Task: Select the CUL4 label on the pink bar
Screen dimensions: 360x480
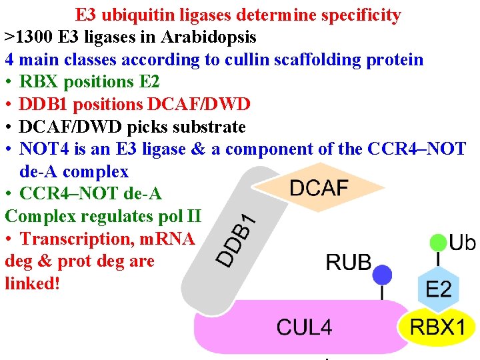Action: (304, 327)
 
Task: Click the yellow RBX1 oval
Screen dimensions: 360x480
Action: (437, 327)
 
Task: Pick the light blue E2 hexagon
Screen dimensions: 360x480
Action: (438, 289)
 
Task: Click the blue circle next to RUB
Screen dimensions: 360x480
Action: (382, 273)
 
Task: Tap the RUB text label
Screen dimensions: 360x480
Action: (348, 262)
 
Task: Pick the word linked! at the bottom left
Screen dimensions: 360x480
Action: (32, 283)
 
